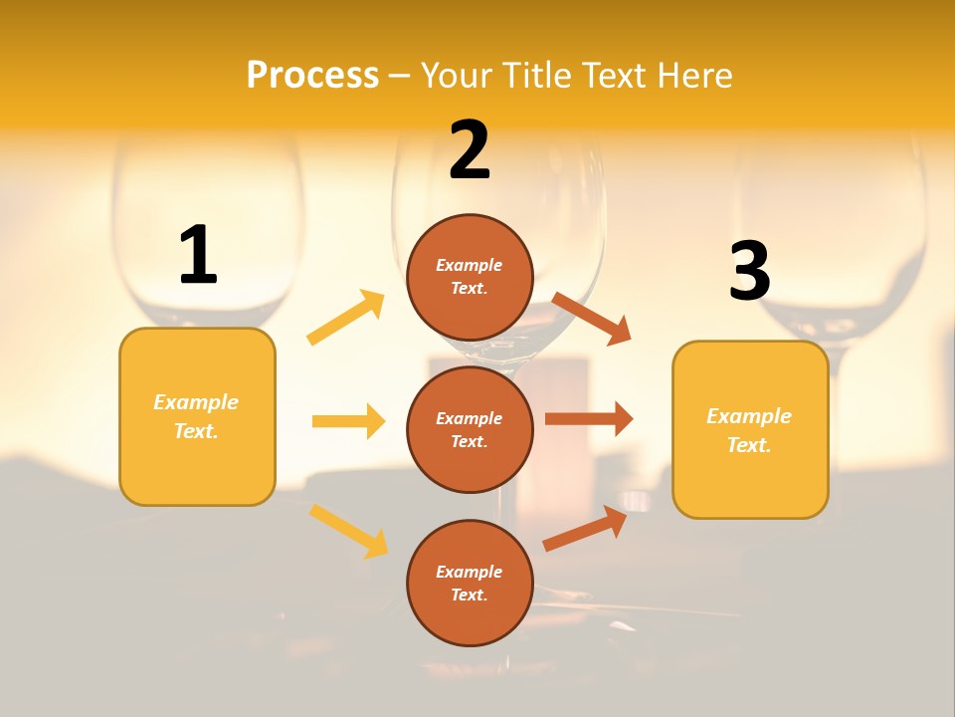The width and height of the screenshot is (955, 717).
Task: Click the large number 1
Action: (x=198, y=256)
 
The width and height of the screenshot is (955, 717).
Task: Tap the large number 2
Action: (x=470, y=151)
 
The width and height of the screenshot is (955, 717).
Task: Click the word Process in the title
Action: (x=312, y=75)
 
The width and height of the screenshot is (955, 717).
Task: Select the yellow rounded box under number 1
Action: (x=197, y=416)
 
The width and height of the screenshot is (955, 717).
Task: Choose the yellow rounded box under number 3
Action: (x=750, y=429)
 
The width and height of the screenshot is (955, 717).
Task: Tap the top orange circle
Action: (x=470, y=277)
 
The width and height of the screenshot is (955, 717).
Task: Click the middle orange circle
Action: (x=470, y=429)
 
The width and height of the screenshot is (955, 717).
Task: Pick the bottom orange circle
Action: (x=470, y=583)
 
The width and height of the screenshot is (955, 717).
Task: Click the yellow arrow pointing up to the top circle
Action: (x=346, y=318)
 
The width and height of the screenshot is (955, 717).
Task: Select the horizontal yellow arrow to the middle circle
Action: (x=348, y=421)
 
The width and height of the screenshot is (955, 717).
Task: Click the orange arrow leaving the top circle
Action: (x=592, y=318)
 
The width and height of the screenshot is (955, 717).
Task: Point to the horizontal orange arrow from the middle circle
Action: (x=589, y=418)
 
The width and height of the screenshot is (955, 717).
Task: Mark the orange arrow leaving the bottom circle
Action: (x=585, y=529)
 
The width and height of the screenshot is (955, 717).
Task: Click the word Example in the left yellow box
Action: (x=196, y=402)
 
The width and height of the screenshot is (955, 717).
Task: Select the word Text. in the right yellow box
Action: (x=749, y=445)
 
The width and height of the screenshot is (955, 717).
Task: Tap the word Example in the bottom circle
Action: (x=469, y=572)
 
